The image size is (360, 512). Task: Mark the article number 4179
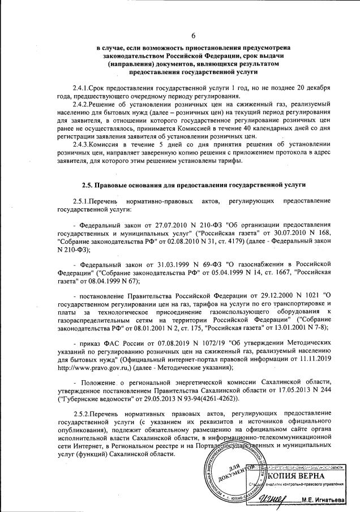pos(232,242)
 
